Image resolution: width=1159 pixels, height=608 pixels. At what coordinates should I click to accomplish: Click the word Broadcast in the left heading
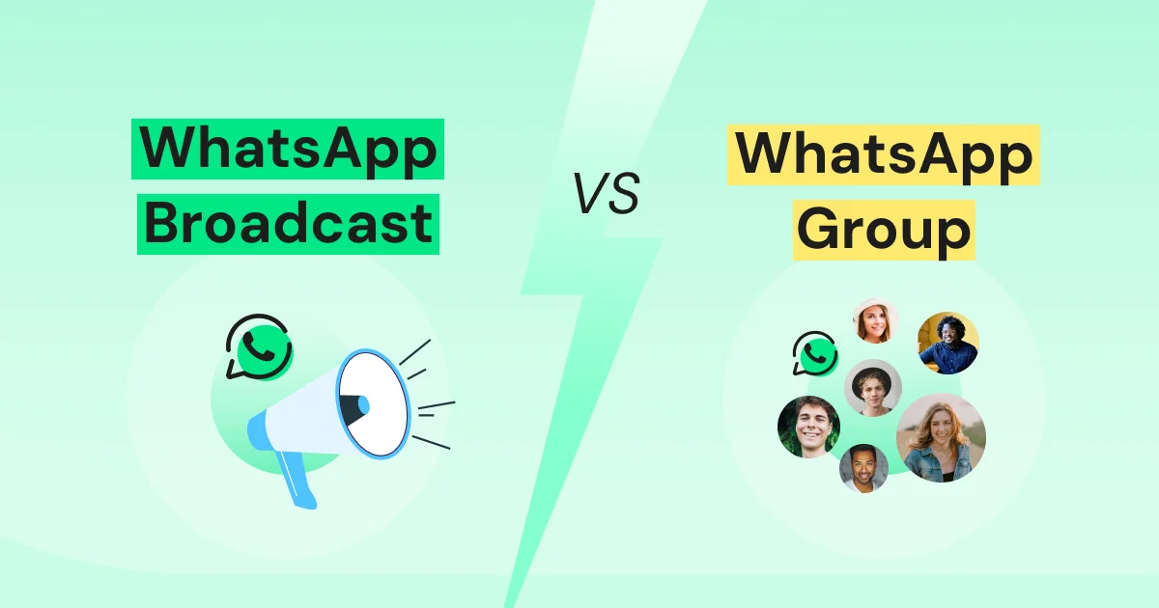(x=288, y=224)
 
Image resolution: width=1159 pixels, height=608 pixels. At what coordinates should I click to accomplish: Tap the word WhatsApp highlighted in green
(x=288, y=150)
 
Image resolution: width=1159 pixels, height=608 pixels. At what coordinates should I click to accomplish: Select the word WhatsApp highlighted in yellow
(x=883, y=154)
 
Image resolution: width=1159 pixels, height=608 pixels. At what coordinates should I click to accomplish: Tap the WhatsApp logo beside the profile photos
(x=814, y=354)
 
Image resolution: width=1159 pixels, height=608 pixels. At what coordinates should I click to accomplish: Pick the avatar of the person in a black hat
(x=873, y=387)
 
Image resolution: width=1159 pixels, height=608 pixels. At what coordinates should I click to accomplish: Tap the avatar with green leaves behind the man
(x=808, y=427)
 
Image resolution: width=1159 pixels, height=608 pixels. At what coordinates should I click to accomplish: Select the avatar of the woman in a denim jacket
(x=941, y=438)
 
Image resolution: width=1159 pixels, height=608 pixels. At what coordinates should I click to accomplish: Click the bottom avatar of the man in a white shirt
(x=863, y=468)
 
